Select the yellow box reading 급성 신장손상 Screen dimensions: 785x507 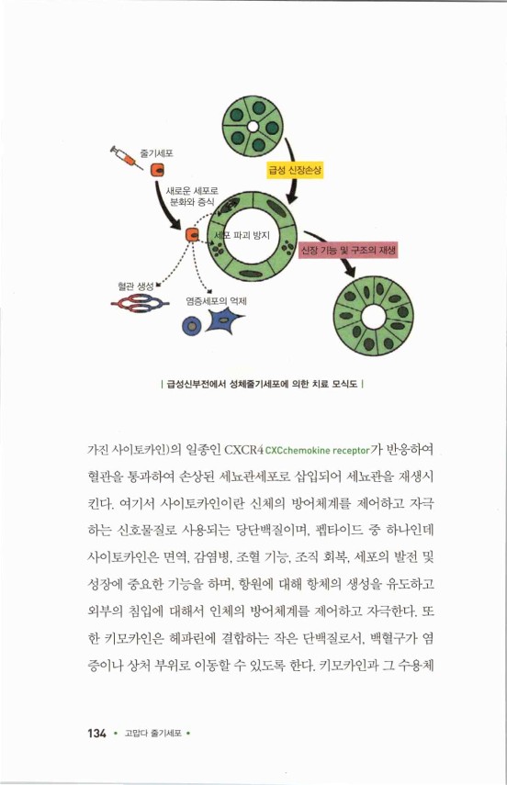[x=290, y=170]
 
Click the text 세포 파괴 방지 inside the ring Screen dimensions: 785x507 [x=241, y=236]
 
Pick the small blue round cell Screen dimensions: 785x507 [x=191, y=323]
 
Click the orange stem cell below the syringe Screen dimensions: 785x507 [x=159, y=170]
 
